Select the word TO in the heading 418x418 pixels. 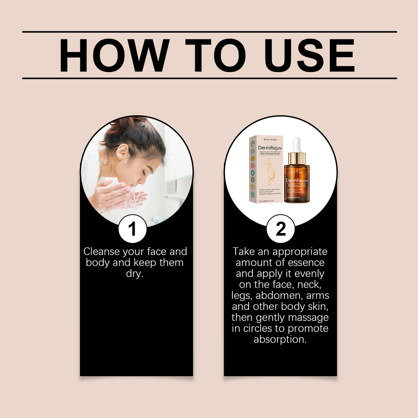point(216,55)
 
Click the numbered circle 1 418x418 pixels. point(133,229)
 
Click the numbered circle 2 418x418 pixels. point(281,229)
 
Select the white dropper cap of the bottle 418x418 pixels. point(297,145)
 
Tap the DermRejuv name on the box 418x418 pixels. point(270,148)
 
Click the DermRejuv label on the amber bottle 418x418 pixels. point(297,180)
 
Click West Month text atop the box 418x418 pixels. point(270,139)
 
